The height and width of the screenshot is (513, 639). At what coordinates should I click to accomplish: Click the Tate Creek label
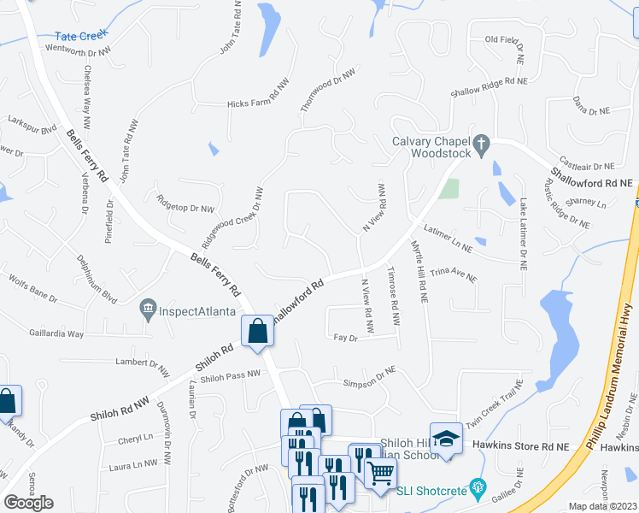click(x=78, y=36)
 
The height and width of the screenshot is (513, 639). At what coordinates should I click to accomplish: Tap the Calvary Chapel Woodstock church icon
click(x=482, y=145)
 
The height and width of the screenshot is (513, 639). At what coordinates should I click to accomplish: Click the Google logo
click(x=28, y=503)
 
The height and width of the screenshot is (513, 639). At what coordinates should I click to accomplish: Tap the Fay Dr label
click(x=345, y=339)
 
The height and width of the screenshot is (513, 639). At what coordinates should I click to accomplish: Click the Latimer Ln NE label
click(x=448, y=237)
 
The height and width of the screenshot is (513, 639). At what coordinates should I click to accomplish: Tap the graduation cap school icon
click(x=444, y=438)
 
